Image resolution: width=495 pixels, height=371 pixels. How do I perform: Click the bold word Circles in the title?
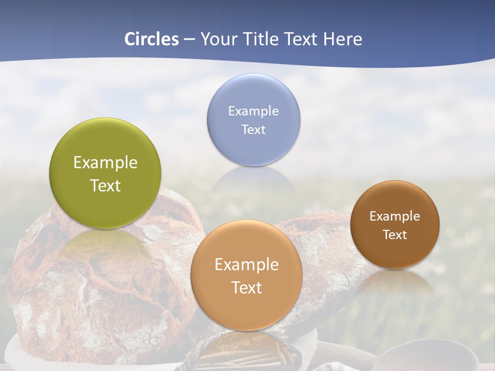(x=151, y=39)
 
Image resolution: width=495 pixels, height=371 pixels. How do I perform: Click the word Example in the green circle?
(x=105, y=163)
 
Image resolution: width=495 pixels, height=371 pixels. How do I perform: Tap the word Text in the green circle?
(x=105, y=185)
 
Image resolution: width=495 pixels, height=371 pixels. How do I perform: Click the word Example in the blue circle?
(x=254, y=111)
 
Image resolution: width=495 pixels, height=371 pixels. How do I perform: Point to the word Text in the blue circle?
(x=254, y=129)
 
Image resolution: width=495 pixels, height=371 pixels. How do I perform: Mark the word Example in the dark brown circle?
(x=395, y=216)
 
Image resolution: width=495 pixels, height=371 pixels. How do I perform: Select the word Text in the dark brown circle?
(x=395, y=234)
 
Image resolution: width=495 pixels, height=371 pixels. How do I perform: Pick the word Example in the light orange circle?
(x=246, y=265)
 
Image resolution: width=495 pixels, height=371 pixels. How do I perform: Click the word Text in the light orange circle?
(x=246, y=288)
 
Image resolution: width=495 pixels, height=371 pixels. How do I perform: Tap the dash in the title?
(x=189, y=39)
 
